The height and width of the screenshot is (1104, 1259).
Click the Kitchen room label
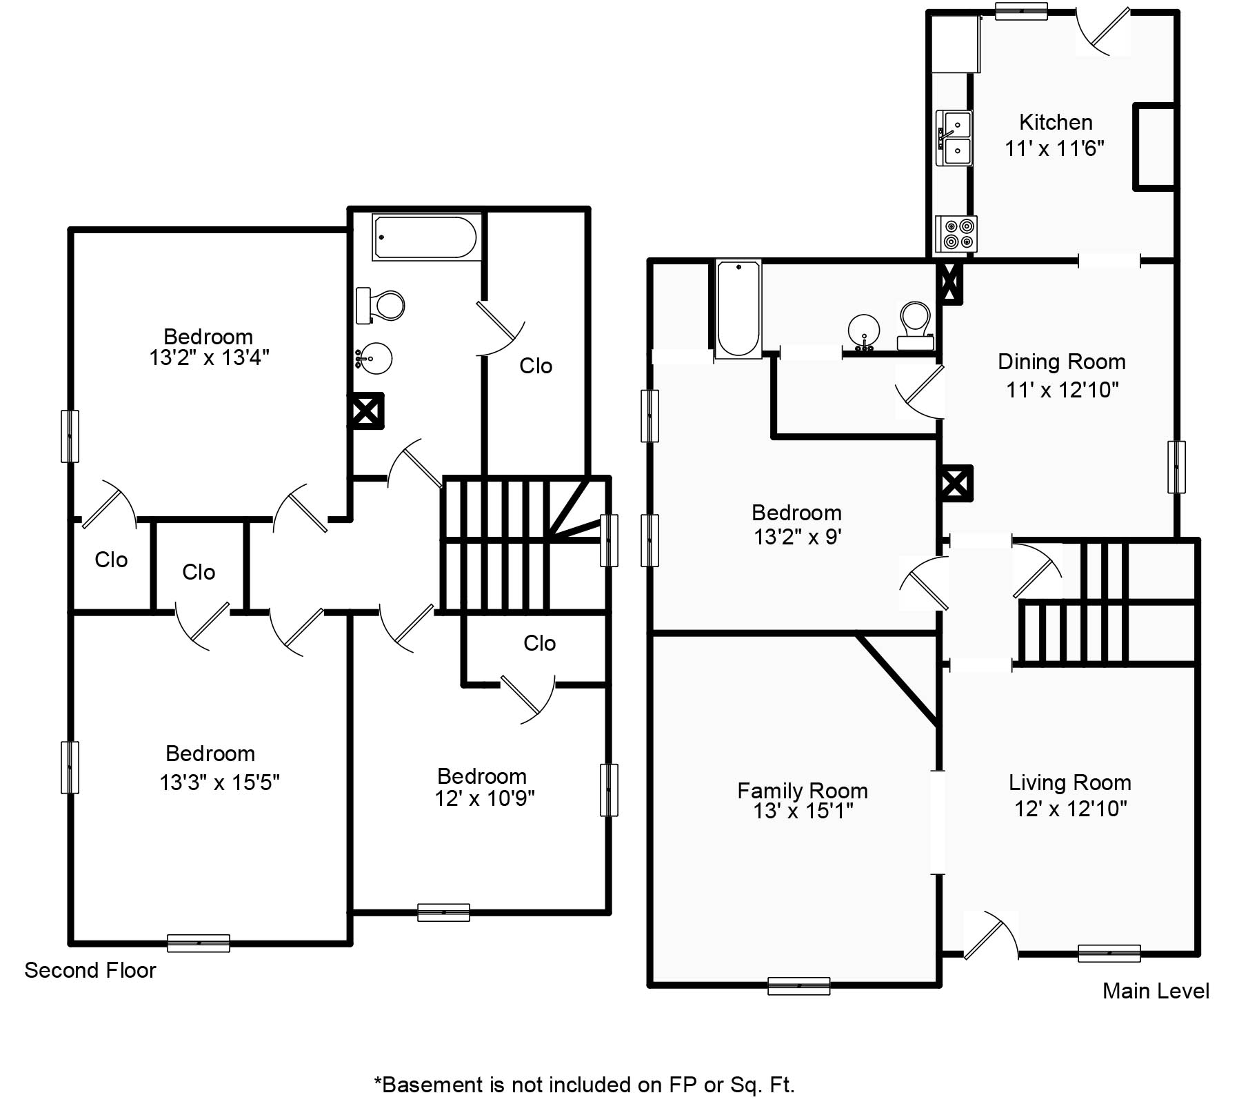tap(1056, 122)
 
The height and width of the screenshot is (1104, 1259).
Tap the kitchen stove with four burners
tap(956, 234)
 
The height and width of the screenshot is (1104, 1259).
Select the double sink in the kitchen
tap(954, 138)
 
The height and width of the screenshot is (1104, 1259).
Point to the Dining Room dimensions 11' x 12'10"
tap(1062, 390)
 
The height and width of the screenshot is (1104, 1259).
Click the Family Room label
tap(803, 790)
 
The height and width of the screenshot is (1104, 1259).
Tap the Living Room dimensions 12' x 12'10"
tap(1070, 808)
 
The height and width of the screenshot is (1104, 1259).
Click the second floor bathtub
tap(427, 237)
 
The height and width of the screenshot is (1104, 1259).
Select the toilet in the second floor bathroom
tap(380, 306)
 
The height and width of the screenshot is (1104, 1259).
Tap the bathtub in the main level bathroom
tap(738, 309)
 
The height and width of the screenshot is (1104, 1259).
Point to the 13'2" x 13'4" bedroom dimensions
tap(209, 357)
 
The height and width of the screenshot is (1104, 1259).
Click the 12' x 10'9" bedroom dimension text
tap(485, 798)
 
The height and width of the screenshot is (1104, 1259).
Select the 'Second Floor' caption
tap(90, 970)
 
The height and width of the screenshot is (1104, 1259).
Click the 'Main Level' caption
tap(1156, 991)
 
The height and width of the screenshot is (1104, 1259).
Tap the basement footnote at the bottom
tap(585, 1085)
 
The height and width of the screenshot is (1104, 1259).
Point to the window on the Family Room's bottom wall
tap(799, 986)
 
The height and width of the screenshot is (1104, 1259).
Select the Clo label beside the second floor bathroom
tap(536, 366)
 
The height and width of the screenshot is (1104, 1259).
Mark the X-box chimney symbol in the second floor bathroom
tap(365, 412)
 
